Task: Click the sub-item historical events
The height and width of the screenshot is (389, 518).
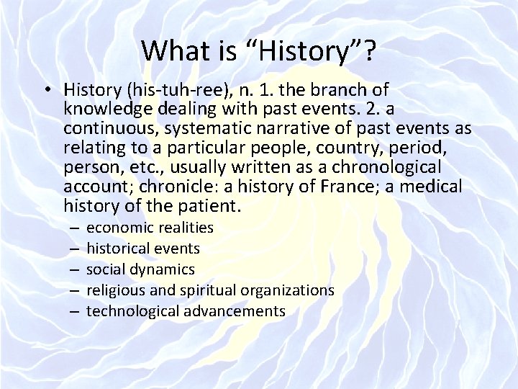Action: click(143, 249)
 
